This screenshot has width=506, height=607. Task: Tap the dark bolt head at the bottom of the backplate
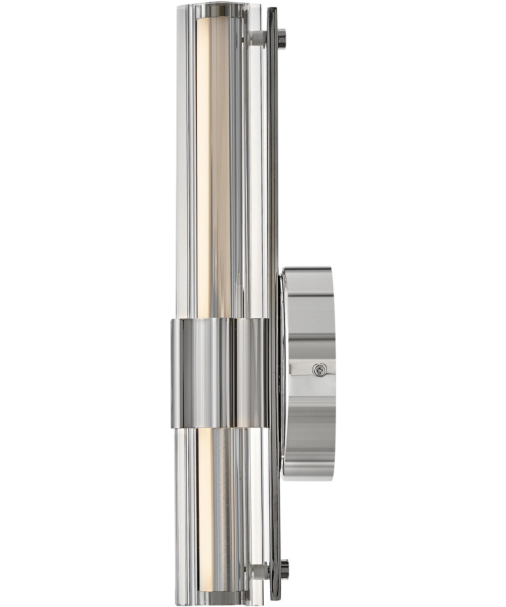(x=284, y=569)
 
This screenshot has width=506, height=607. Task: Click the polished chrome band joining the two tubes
(x=220, y=373)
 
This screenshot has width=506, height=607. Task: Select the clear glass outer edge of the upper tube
(x=182, y=167)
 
